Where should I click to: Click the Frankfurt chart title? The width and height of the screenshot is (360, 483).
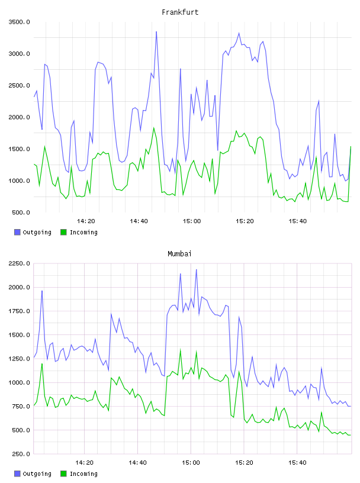pos(180,12)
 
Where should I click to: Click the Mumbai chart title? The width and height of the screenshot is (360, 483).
pos(179,254)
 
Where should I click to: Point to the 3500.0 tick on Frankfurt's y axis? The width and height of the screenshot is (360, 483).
pos(19,22)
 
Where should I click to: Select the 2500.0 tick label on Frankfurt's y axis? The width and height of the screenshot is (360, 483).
pos(19,85)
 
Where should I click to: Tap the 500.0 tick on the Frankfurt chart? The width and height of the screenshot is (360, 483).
pos(21,212)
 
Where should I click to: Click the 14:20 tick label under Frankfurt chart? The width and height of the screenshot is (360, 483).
pos(86,221)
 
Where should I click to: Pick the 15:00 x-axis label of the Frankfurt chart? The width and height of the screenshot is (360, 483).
pos(192,221)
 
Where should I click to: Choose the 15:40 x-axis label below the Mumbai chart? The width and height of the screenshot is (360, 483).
pos(297,462)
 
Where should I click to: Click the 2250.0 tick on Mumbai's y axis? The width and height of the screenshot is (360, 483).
pos(19,263)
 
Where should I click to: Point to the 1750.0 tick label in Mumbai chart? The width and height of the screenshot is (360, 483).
pos(19,311)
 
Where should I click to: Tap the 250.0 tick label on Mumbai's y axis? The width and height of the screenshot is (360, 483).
pos(21,454)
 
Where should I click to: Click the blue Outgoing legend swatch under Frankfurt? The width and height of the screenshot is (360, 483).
pos(17,232)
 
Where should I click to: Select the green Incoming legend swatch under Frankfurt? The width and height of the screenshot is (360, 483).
pos(63,232)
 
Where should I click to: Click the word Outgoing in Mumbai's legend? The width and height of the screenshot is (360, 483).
pos(37,474)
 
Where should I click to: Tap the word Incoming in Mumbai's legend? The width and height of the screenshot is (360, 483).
pos(83,474)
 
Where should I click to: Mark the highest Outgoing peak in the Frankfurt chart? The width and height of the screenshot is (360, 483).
pos(156,31)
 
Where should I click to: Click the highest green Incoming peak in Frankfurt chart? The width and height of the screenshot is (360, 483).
pos(154,128)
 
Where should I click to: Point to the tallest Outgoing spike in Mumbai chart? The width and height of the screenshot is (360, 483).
pos(197,269)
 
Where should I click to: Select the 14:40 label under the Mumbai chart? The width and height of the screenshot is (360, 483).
pos(138,462)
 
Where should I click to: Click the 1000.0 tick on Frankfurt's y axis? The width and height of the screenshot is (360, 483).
pos(19,181)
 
